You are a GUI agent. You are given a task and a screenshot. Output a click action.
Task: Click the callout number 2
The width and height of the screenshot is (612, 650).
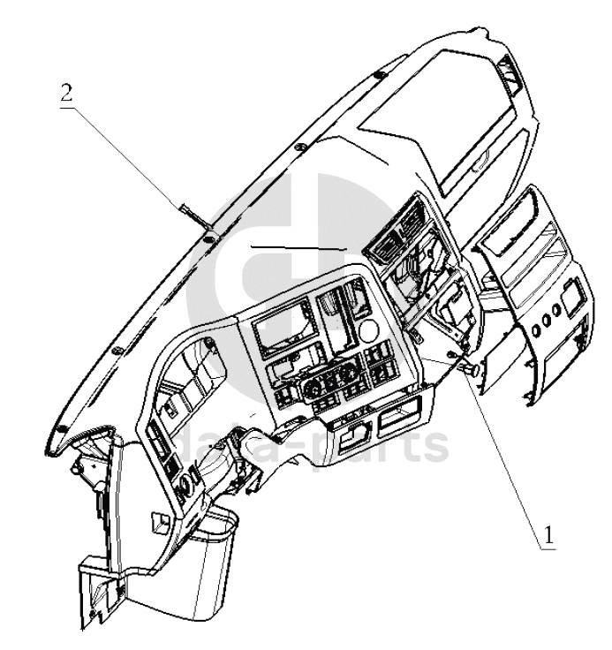pyautogui.click(x=66, y=94)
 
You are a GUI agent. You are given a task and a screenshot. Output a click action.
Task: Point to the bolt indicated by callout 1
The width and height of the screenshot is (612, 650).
pyautogui.click(x=472, y=370)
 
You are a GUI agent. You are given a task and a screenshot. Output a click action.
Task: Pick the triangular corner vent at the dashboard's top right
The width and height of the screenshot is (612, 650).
pyautogui.click(x=511, y=74)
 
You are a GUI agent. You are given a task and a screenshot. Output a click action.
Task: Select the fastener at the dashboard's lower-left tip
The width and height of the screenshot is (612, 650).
pyautogui.click(x=61, y=428)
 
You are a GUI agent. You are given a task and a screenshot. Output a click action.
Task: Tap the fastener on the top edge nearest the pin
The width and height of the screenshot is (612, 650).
pyautogui.click(x=208, y=238)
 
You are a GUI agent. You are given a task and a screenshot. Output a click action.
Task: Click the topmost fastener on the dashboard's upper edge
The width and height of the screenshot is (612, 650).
pyautogui.click(x=379, y=75)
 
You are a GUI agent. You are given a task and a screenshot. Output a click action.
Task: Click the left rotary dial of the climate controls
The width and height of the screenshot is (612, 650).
pyautogui.click(x=312, y=389)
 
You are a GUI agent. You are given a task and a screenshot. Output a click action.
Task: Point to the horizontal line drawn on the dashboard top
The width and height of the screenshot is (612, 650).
pyautogui.click(x=298, y=248)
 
